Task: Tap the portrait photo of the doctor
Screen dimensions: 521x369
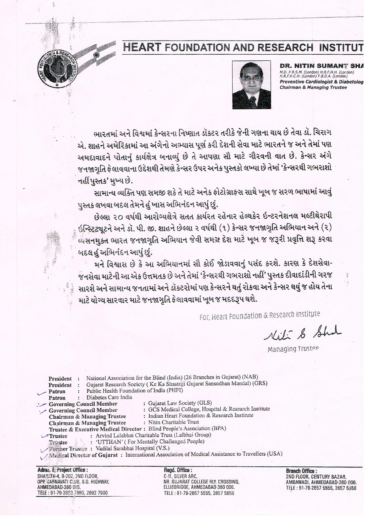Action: [x=251, y=84]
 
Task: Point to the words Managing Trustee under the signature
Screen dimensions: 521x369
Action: [x=293, y=349]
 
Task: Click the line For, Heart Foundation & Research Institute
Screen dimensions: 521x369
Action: [x=260, y=316]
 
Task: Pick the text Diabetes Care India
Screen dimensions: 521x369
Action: [x=109, y=397]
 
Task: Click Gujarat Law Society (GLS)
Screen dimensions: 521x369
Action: [x=180, y=403]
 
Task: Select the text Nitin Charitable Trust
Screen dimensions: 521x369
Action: [x=173, y=422]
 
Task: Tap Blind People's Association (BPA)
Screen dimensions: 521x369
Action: [x=187, y=428]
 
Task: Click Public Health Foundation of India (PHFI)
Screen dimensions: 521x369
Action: [x=135, y=391]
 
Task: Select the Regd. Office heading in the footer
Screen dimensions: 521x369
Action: [x=178, y=470]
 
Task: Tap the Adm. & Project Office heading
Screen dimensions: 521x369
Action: [x=62, y=470]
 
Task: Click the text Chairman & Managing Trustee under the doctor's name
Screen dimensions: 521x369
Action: [x=313, y=87]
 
